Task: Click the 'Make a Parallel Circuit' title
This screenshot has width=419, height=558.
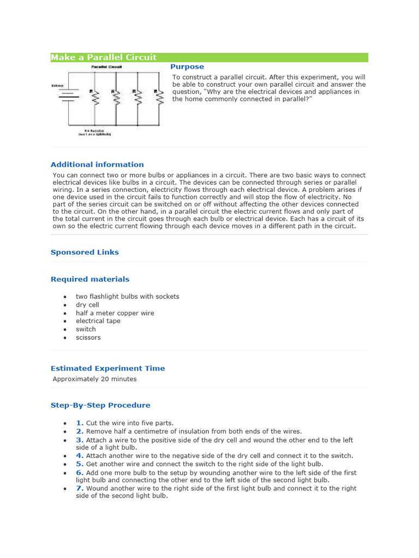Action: [104, 57]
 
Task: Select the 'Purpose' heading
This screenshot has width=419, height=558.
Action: [187, 67]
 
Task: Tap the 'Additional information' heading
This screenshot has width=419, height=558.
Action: [97, 165]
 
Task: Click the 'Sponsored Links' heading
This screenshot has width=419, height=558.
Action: [85, 252]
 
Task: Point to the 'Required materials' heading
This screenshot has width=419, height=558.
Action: [90, 279]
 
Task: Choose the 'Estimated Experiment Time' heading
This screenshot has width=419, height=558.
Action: [107, 368]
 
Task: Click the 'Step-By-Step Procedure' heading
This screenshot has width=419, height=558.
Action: [100, 405]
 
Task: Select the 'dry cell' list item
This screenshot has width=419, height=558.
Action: [87, 305]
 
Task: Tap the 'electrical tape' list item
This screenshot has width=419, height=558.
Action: [98, 321]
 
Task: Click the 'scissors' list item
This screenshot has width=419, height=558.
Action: [88, 337]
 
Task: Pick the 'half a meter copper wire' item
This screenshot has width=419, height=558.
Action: [115, 313]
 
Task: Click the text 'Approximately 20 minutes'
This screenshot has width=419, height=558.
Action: [95, 379]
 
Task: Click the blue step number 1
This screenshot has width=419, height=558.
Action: [80, 423]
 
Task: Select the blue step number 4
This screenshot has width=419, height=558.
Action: [80, 456]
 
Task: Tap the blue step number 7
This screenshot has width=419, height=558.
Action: [80, 488]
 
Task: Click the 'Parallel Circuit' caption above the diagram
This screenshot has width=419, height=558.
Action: [106, 67]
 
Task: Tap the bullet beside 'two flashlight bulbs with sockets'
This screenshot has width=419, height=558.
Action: [65, 297]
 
